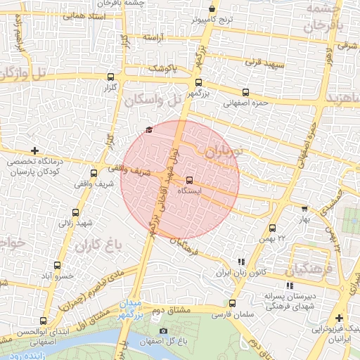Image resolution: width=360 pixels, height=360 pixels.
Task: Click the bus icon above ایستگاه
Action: coord(189,180)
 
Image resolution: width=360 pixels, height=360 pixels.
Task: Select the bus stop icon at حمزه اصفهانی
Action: coord(245,92)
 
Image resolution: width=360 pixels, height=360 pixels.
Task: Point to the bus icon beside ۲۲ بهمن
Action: coord(272,228)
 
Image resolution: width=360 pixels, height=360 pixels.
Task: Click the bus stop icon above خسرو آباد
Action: coord(57,265)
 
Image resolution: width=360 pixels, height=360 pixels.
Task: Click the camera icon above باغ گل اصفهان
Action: coord(164,331)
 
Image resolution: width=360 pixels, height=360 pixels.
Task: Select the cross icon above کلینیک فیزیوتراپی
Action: coord(340,318)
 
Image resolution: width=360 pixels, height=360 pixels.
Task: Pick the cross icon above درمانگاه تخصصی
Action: coord(35,150)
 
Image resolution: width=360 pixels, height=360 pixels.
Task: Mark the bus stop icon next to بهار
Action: coord(304,209)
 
